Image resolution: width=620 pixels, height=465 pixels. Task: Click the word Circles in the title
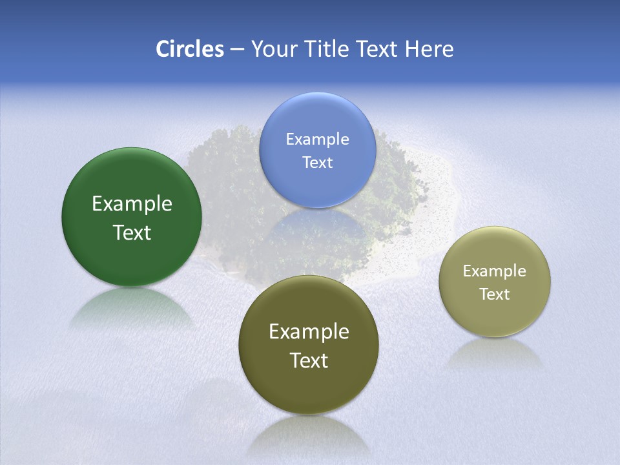[190, 49]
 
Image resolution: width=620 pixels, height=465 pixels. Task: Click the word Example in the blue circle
[317, 139]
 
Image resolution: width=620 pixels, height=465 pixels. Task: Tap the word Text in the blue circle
[317, 163]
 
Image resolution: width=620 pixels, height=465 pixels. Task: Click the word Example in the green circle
[132, 204]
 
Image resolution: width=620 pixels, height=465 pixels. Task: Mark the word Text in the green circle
[132, 233]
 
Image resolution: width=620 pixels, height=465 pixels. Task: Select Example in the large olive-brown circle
[309, 332]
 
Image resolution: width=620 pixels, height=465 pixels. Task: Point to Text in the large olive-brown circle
[309, 361]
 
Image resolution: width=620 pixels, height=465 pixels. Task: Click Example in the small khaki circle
[495, 271]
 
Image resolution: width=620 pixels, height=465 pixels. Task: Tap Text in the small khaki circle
[495, 294]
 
